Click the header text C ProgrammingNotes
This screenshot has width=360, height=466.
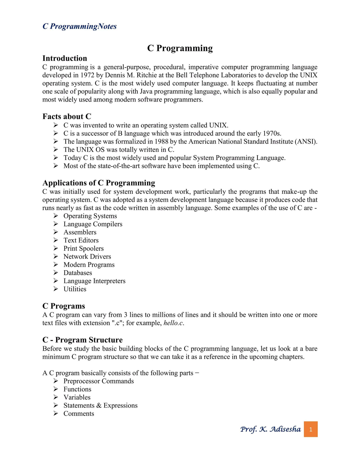pos(79,26)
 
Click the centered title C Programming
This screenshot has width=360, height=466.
pos(180,48)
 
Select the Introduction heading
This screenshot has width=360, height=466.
pos(64,58)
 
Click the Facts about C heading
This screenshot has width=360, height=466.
pos(67,116)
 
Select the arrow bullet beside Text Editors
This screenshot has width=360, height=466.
pos(56,240)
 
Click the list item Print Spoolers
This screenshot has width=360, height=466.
pos(83,248)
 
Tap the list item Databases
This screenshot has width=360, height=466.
pos(78,273)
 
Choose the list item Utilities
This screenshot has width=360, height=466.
pos(75,289)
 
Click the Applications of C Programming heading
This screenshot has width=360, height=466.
pos(99,183)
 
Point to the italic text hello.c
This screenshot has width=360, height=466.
pos(173,323)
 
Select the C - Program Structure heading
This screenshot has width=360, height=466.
pos(82,340)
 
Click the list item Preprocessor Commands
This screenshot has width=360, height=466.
pos(98,381)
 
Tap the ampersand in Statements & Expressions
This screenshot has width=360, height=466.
pos(99,405)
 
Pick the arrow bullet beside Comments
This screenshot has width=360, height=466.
pos(56,413)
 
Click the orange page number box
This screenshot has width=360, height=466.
pos(310,429)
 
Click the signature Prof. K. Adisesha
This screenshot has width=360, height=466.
pos(270,429)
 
